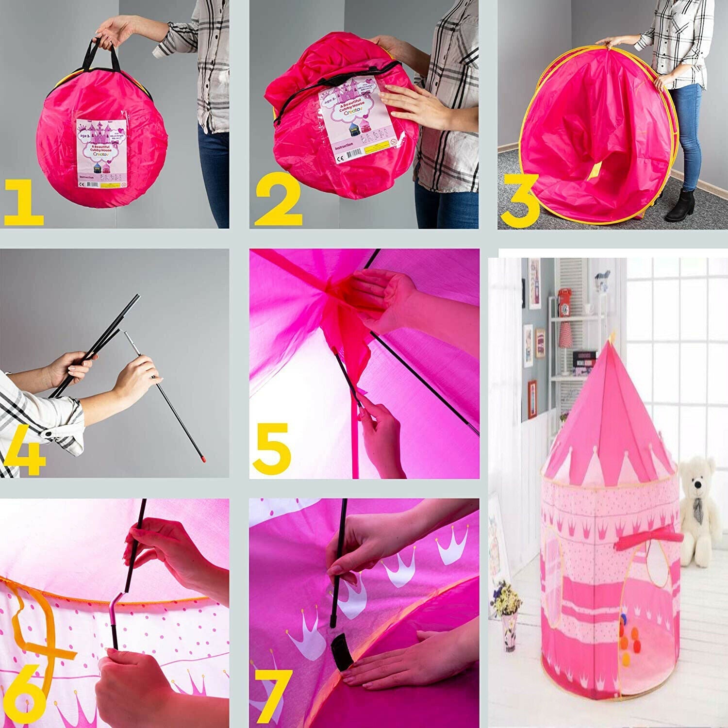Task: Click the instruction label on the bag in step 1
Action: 101,153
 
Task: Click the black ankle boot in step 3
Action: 681,207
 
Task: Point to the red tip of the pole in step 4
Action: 203,458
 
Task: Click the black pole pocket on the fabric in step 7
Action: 342,653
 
